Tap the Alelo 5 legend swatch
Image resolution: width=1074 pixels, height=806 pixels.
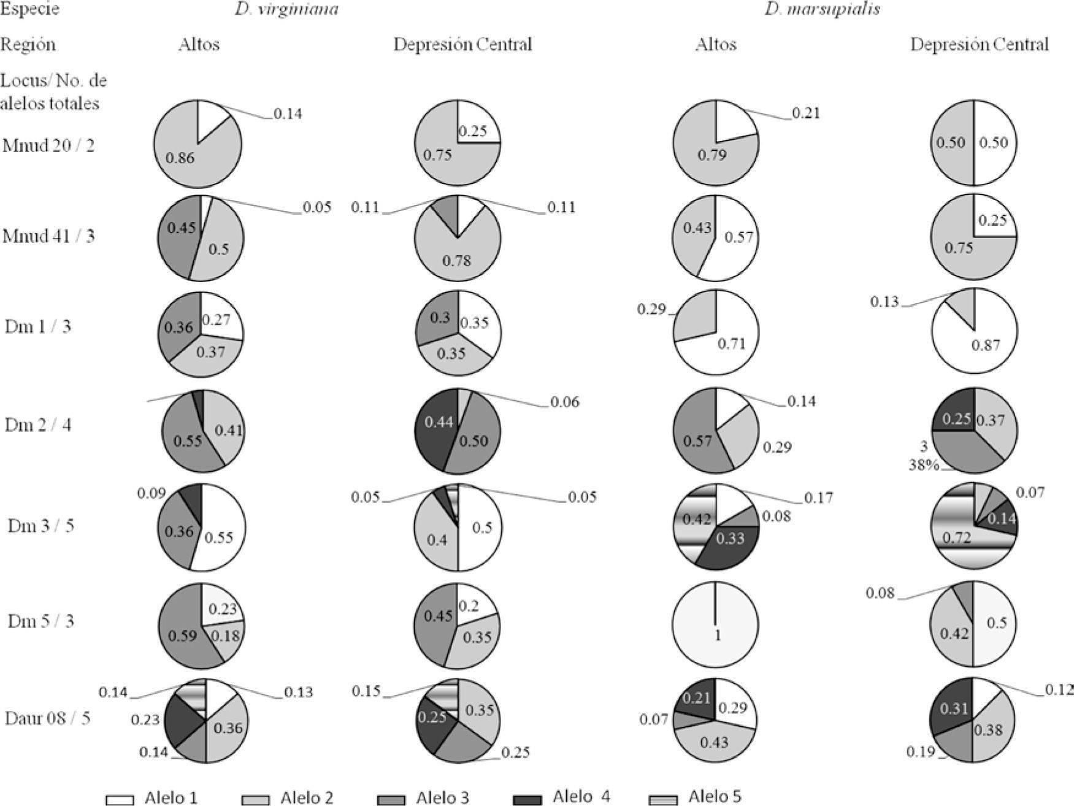663,799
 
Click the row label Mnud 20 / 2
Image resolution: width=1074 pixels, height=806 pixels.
48,146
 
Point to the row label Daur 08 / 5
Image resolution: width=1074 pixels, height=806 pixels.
47,718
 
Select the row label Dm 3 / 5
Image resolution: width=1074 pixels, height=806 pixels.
41,526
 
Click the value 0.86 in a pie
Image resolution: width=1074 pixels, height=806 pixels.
180,158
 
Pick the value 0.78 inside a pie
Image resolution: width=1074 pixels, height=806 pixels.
457,261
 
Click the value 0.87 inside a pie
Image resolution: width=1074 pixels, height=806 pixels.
986,345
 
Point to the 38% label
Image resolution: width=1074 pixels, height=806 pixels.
924,465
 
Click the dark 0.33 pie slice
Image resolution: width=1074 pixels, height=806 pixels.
731,540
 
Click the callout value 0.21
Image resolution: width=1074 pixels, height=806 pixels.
805,113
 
